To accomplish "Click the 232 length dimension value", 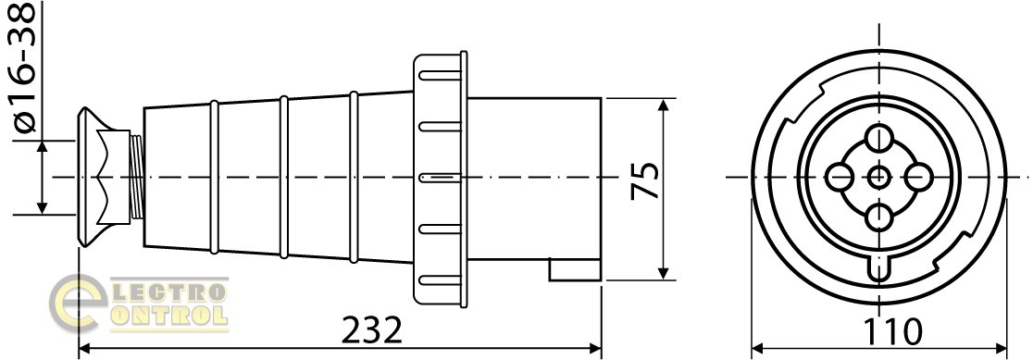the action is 372,330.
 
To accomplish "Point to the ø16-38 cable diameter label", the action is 24,68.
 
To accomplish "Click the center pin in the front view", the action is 878,177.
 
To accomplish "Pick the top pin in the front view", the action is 878,139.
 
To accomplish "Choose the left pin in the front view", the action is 840,177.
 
